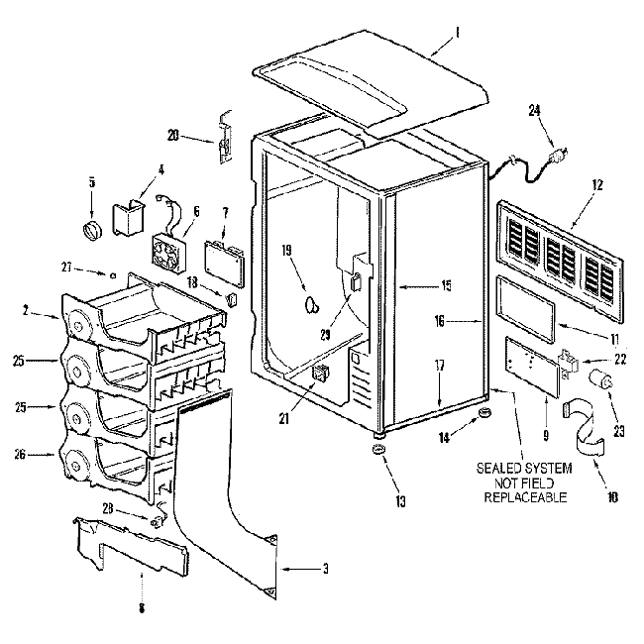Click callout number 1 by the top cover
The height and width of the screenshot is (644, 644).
tap(459, 31)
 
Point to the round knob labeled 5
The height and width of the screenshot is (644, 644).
tap(92, 230)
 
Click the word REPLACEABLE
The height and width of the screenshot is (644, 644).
tap(525, 496)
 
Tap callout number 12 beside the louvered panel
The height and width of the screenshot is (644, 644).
tap(597, 184)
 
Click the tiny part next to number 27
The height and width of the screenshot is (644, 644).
tap(115, 274)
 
